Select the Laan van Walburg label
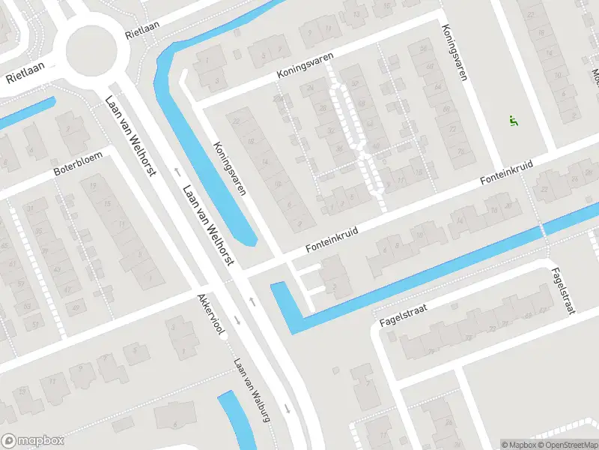(x=252, y=387)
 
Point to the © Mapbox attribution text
(x=517, y=444)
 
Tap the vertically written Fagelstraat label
(x=562, y=291)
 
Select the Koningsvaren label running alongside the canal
(x=229, y=169)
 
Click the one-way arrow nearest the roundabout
(x=178, y=171)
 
